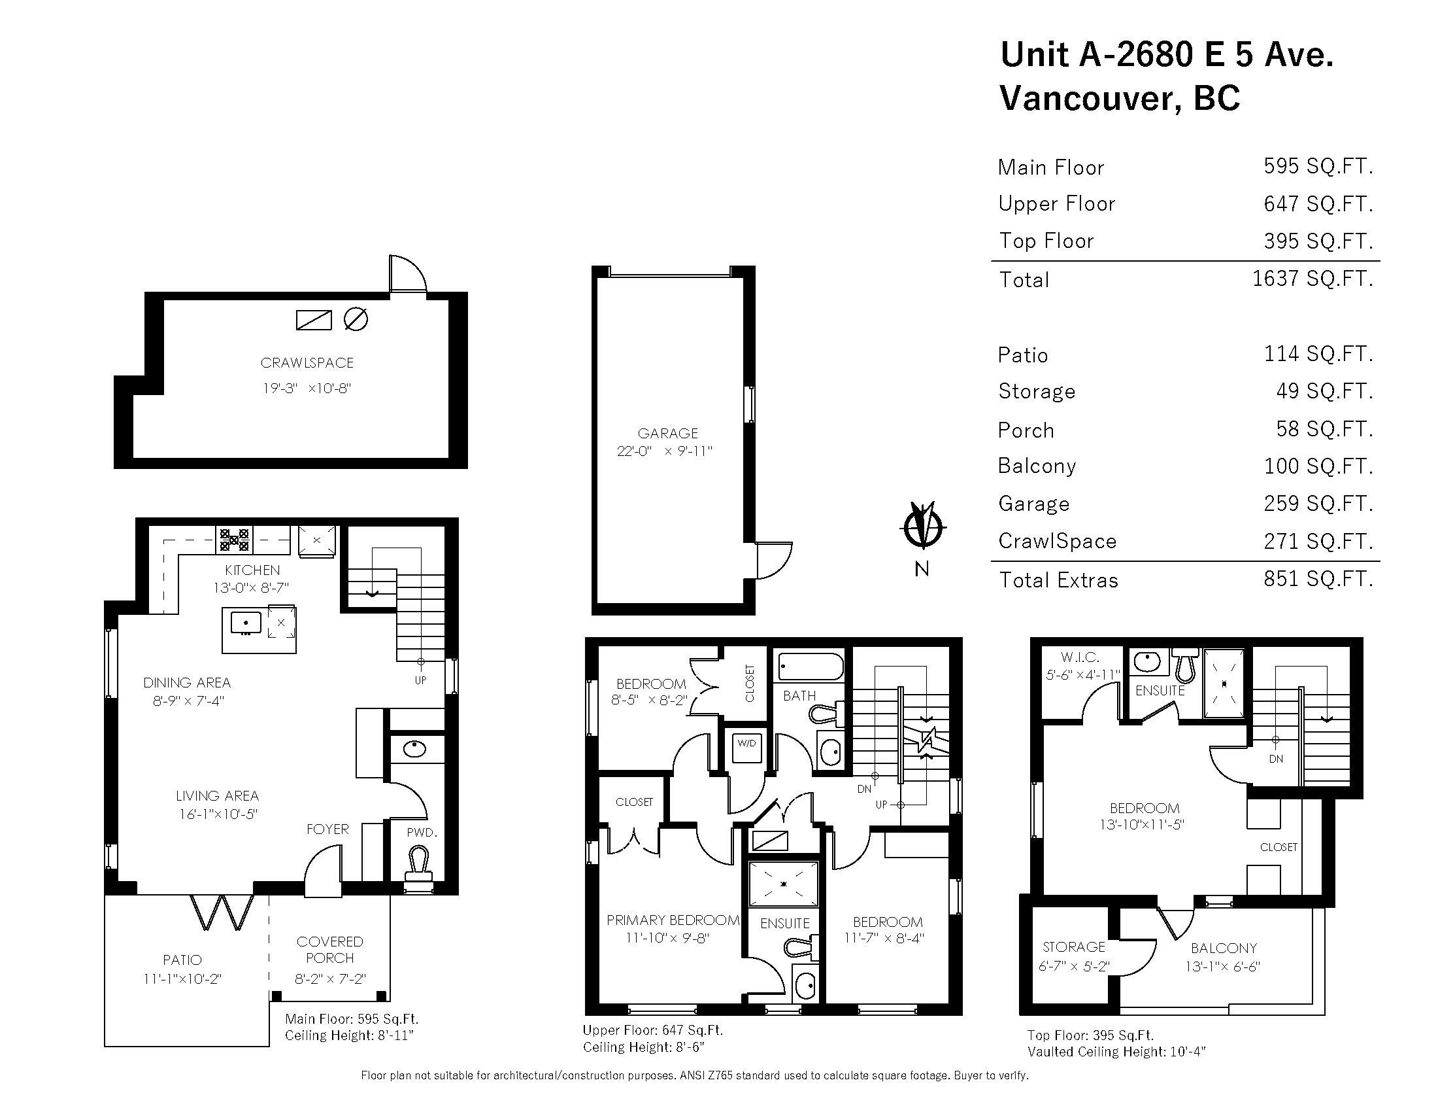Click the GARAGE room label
[667, 434]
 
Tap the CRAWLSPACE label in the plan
[307, 363]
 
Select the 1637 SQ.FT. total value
[1313, 279]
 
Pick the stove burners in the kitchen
[235, 540]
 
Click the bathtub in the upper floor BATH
[811, 667]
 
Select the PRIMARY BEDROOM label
[673, 920]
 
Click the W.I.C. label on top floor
[1080, 657]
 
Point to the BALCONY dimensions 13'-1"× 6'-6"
[1224, 966]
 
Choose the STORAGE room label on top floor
[1074, 947]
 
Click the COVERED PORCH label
[330, 950]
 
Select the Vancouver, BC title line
[1119, 97]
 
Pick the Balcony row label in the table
[1037, 466]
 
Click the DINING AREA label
[187, 682]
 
